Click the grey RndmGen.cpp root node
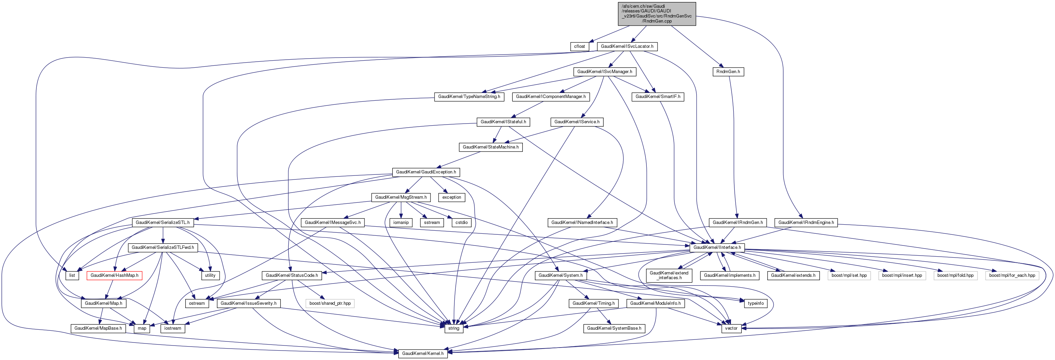tap(657, 13)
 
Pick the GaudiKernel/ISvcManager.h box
tap(605, 72)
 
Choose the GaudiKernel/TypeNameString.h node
tap(469, 97)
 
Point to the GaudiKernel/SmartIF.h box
tap(658, 97)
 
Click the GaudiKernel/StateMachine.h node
tap(490, 147)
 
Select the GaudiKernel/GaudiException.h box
tap(425, 172)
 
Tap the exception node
tap(451, 197)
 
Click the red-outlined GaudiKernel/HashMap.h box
tap(114, 275)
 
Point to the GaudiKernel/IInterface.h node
tap(717, 248)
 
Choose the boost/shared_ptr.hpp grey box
tap(330, 303)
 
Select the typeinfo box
tap(755, 303)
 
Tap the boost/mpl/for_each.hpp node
tap(1012, 275)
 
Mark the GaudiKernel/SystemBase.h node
tap(614, 328)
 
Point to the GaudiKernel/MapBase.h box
tap(98, 328)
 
